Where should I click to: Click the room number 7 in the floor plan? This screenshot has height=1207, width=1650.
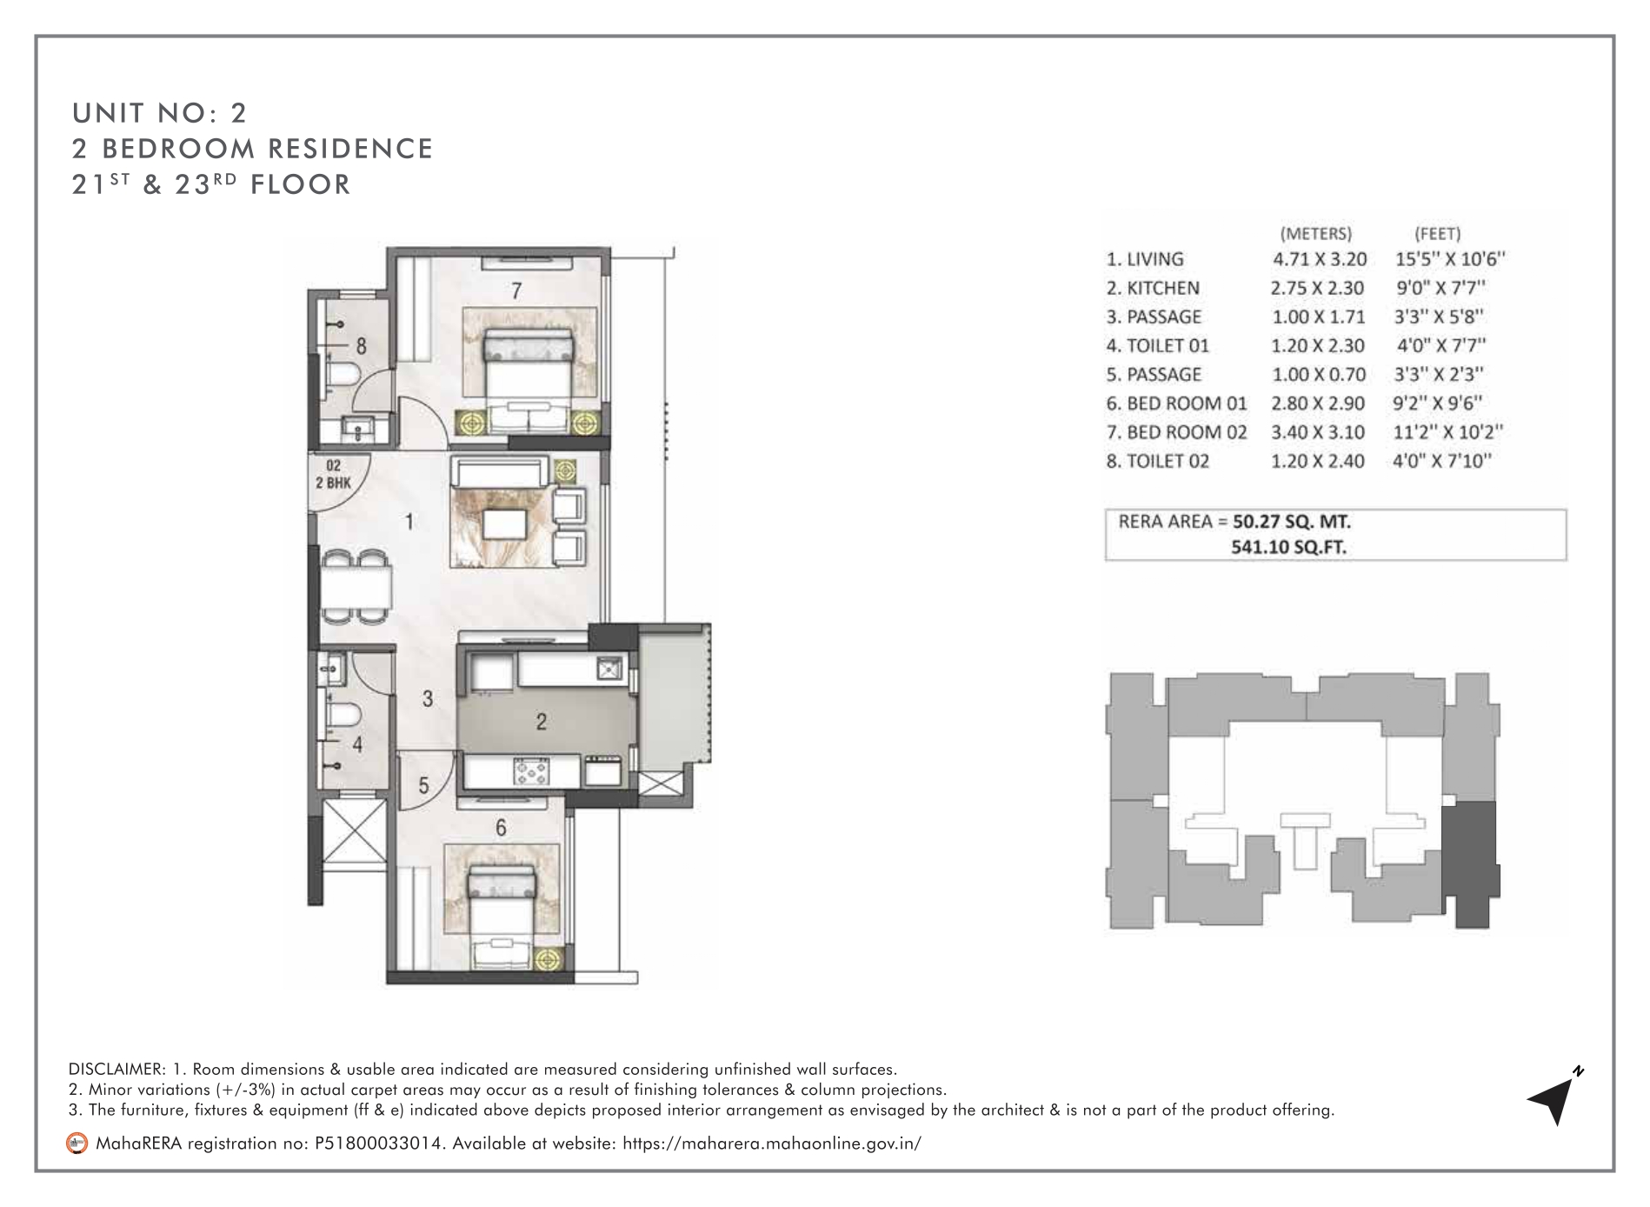coord(516,290)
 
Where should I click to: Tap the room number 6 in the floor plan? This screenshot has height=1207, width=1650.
coord(501,828)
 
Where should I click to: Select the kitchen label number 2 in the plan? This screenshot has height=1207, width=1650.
coord(541,721)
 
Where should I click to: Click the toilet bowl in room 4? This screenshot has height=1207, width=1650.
coord(345,715)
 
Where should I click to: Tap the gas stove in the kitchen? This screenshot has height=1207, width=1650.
coord(530,771)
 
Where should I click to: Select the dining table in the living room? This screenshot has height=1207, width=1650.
coord(355,584)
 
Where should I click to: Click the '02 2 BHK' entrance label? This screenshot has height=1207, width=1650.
coord(333,475)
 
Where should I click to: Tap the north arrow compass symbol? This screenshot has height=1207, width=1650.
coord(1554,1096)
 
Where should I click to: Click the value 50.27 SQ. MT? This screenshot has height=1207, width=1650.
coord(1292,522)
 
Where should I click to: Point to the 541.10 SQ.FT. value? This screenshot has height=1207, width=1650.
coord(1288,548)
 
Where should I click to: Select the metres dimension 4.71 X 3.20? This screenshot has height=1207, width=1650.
coord(1320,259)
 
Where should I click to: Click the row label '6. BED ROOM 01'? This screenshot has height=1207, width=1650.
coord(1176,403)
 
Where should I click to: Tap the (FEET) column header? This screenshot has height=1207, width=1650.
coord(1437,233)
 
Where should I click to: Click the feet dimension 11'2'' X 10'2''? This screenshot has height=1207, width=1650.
coord(1448,432)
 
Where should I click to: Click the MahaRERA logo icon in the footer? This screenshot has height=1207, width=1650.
coord(77,1144)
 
